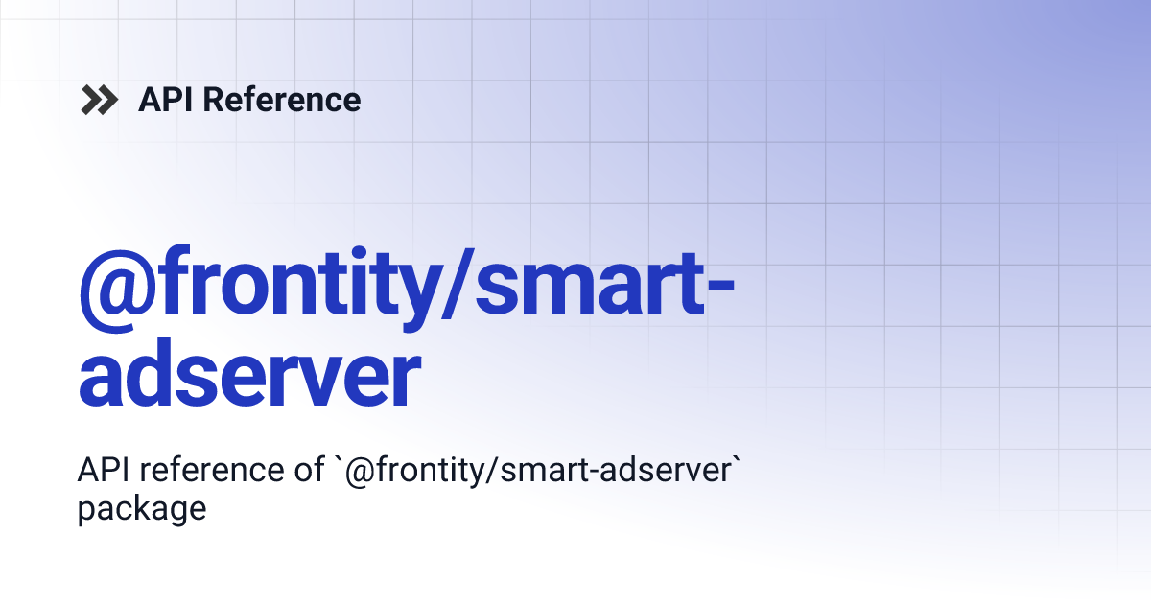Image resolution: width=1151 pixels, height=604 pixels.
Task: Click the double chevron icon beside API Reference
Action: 100,100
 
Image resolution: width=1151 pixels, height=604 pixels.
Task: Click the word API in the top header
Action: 160,100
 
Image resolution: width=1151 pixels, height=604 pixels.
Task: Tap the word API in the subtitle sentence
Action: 100,471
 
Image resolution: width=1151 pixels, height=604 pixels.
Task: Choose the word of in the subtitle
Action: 309,471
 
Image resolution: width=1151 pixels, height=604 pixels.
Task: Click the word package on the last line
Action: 142,508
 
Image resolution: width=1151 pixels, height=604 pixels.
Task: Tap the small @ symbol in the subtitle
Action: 358,472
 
